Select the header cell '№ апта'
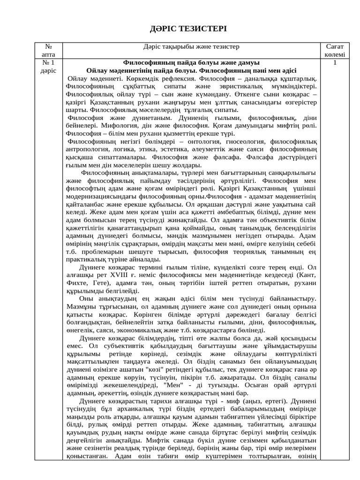pos(48,51)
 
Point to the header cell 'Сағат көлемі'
pos(335,51)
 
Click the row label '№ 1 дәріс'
pos(48,67)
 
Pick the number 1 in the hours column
pos(335,62)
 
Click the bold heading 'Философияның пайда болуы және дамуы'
pos(191,62)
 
